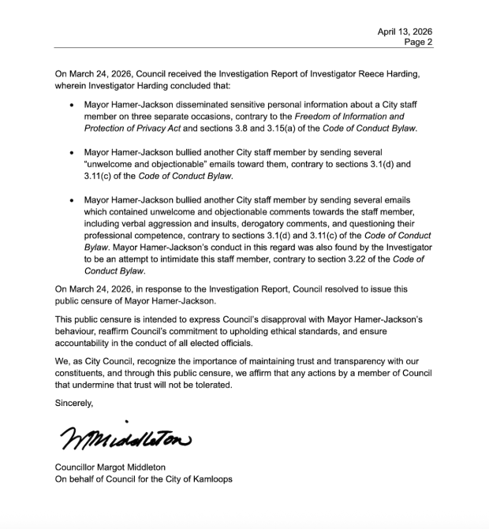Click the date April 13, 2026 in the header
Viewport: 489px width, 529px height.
[x=405, y=32]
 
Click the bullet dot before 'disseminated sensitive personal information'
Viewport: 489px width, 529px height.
[x=73, y=105]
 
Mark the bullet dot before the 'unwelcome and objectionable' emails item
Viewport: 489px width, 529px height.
[x=73, y=151]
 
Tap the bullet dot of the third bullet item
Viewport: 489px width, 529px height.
[x=73, y=201]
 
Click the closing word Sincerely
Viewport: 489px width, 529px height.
[x=74, y=403]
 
